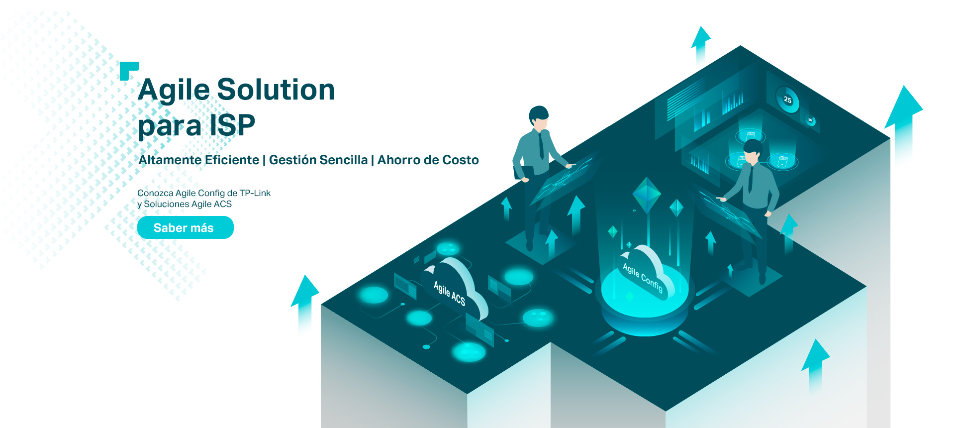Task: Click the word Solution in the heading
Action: point(276,90)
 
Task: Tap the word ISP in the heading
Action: point(232,125)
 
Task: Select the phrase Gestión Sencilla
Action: point(318,160)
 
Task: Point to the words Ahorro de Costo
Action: point(428,160)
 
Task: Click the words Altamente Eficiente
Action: point(199,160)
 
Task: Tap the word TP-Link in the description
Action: point(255,193)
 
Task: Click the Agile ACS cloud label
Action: point(450,293)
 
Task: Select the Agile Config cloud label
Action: point(643,277)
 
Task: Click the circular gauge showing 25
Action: point(787,99)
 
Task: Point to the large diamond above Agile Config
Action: point(647,195)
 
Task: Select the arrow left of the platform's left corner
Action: point(305,304)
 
